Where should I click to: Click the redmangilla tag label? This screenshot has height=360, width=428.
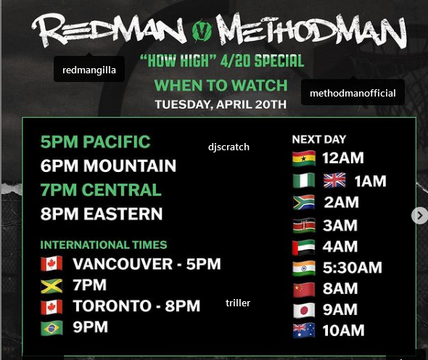[x=89, y=70]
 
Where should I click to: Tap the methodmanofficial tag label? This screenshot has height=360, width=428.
[x=353, y=93]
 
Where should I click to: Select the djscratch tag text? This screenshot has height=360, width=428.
[x=229, y=147]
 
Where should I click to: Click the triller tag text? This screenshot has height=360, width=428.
[x=238, y=303]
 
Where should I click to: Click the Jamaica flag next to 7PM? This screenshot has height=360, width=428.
[x=52, y=286]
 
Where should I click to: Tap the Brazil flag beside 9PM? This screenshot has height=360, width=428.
[x=52, y=328]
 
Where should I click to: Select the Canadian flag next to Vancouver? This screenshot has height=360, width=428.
[x=52, y=263]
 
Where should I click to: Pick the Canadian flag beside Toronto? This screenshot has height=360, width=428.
[x=52, y=307]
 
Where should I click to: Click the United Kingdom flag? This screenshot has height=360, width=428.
[x=334, y=181]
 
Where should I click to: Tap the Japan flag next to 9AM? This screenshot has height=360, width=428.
[x=304, y=311]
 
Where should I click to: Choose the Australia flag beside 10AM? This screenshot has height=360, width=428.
[x=304, y=331]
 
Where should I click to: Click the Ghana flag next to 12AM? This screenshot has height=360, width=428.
[x=304, y=158]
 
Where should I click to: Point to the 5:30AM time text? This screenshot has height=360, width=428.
[x=352, y=268]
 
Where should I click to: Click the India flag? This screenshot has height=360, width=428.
[x=304, y=269]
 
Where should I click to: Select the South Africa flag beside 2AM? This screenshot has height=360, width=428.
[x=304, y=202]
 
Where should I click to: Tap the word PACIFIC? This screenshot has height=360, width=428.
[x=117, y=142]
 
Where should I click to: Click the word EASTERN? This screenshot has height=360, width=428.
[x=123, y=213]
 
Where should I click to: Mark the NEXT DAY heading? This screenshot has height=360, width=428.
[x=318, y=139]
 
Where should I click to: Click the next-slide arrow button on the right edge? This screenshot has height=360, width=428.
[x=419, y=216]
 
